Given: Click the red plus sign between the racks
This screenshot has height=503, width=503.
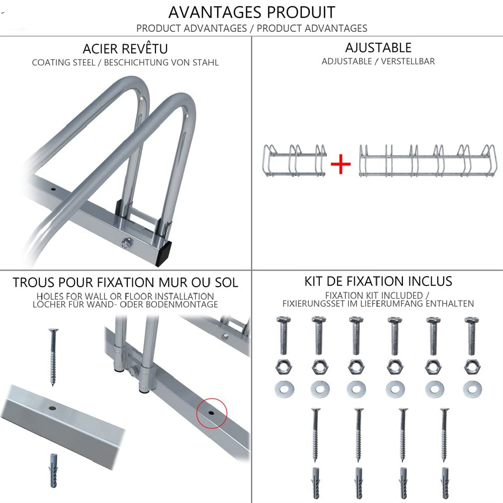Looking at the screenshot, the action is point(341,164).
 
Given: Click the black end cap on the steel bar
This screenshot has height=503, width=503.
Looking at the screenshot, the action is point(163,254).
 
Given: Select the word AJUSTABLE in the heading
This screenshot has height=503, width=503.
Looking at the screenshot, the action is point(378,47).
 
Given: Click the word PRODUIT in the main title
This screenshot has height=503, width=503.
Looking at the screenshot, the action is point(301,13).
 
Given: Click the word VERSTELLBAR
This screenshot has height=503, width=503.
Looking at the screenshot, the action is point(408,61).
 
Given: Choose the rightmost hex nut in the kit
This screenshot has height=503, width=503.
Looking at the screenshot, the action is point(472,367).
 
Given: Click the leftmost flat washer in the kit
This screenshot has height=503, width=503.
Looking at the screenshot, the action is point(284,389).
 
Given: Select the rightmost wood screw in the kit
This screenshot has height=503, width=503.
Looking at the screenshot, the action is point(444,435).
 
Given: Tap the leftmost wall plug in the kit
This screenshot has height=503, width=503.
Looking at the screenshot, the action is point(316,483).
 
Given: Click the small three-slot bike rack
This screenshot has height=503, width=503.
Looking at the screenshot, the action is point(294,160).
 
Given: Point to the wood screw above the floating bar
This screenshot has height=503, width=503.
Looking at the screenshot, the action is point(53,357).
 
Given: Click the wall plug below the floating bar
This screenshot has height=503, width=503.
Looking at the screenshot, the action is point(54,471).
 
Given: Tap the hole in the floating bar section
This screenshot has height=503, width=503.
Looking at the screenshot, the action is point(52,408).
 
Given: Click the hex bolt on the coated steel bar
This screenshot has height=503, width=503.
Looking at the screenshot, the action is point(127,242).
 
